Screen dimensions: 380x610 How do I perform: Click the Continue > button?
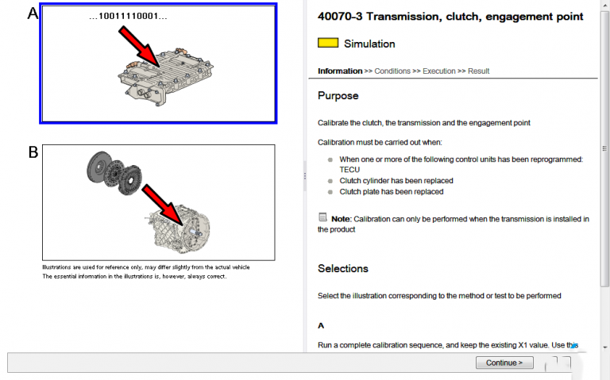tap(504, 363)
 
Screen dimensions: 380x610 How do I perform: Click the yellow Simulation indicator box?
tap(327, 44)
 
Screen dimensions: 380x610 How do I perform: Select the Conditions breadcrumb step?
tap(392, 71)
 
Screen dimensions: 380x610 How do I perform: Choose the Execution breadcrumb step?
tap(439, 71)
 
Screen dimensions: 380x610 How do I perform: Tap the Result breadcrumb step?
tap(479, 71)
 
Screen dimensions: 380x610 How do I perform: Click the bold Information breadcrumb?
tap(340, 71)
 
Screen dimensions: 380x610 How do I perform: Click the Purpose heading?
tap(338, 96)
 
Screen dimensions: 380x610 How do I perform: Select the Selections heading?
tap(343, 269)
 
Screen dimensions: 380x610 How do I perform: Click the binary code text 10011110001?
tap(128, 16)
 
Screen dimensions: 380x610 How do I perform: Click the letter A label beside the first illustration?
tap(33, 13)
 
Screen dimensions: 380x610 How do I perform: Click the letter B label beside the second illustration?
tap(33, 152)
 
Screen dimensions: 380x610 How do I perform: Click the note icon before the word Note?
tap(322, 217)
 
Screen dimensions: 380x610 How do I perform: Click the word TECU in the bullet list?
tap(349, 170)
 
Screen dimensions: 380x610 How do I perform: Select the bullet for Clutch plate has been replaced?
tap(330, 192)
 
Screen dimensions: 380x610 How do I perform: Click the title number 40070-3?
tap(340, 17)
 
